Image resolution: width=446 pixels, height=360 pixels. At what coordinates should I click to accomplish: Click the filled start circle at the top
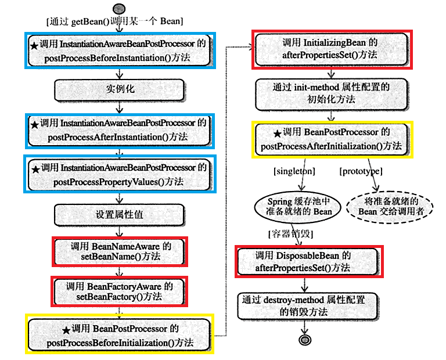click(x=119, y=9)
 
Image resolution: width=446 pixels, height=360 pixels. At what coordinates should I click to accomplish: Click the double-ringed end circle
click(x=305, y=340)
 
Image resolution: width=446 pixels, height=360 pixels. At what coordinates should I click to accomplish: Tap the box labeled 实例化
click(x=119, y=90)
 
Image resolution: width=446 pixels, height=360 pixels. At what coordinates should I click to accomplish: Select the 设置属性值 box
click(x=119, y=215)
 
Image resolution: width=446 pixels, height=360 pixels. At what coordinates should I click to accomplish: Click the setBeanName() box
click(x=120, y=251)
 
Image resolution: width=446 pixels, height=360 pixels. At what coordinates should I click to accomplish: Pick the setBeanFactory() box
click(x=119, y=291)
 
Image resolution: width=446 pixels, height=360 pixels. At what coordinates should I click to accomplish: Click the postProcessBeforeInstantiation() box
click(x=120, y=51)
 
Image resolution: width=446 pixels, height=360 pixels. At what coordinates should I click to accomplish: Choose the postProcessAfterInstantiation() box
click(x=120, y=130)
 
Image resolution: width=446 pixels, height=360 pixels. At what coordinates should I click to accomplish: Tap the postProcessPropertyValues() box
click(x=120, y=174)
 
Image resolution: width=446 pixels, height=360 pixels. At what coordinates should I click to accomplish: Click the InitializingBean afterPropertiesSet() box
click(x=332, y=49)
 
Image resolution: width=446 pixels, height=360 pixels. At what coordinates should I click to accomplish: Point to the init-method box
click(x=332, y=95)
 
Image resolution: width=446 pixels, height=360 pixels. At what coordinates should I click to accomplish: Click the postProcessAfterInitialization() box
click(x=332, y=139)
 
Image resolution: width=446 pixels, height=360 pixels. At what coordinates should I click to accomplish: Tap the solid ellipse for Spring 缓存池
click(x=298, y=207)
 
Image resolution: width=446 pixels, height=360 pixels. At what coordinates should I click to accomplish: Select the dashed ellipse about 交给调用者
click(x=390, y=207)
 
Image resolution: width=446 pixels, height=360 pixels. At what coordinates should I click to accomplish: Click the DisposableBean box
click(x=308, y=262)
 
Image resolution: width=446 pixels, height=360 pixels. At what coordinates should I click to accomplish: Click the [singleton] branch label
click(x=294, y=171)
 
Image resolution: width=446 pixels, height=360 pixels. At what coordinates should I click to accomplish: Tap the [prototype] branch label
click(x=361, y=171)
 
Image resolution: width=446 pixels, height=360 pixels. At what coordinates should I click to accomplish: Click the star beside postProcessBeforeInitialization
click(x=66, y=330)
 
